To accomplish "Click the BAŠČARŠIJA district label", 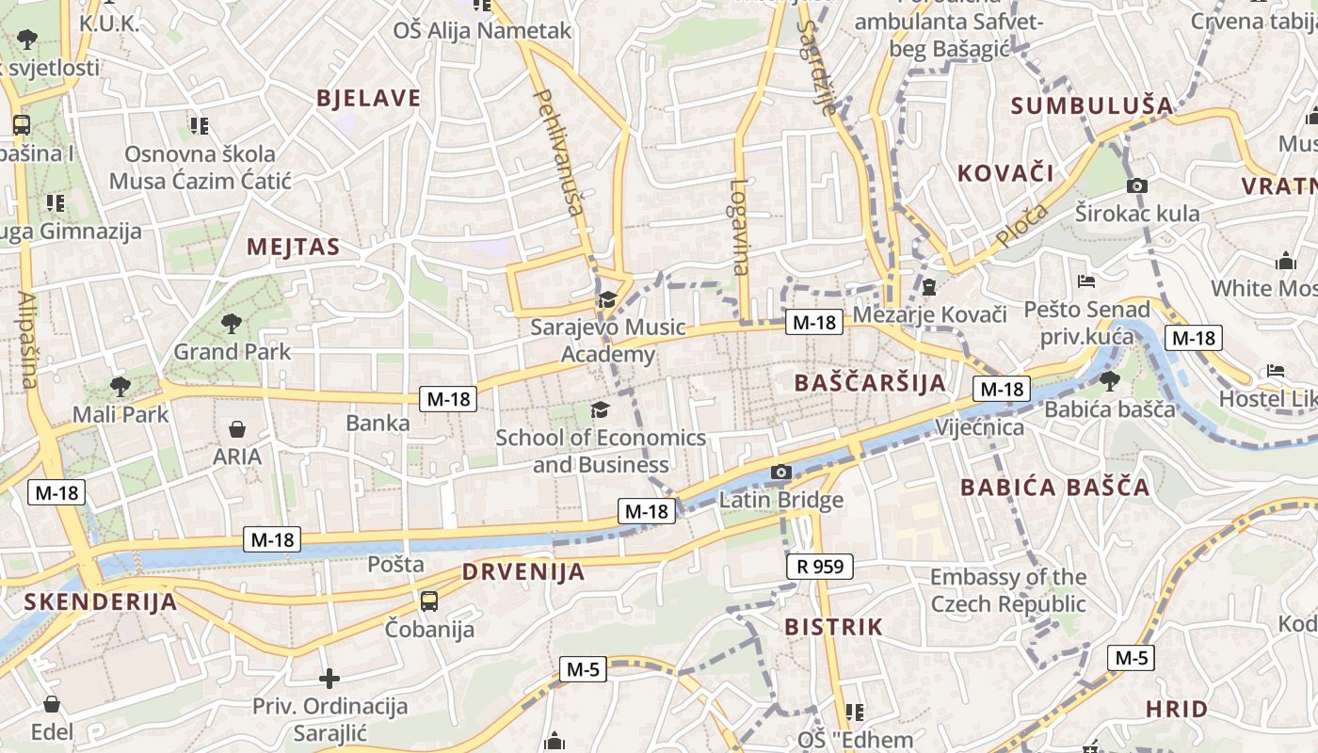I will tap(870, 383).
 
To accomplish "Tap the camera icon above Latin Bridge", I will tap(780, 472).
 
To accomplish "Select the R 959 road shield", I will tap(819, 566).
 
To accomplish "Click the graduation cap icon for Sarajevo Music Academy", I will tap(606, 300).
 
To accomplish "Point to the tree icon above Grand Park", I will tap(231, 324).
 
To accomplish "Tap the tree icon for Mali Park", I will tap(120, 386).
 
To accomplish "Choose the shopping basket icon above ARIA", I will tap(237, 429).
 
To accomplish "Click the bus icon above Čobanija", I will tap(428, 600).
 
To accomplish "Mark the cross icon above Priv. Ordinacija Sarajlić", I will tap(329, 678).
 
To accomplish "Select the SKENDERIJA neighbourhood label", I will tap(100, 602).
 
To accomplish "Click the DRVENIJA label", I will tap(523, 571).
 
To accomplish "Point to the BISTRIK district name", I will tap(833, 627).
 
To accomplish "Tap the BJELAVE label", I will tap(368, 98).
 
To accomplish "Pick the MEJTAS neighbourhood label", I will tap(293, 247).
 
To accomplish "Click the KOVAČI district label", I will tap(1005, 173).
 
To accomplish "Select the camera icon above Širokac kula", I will tap(1137, 185).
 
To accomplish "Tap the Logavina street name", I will tap(739, 226).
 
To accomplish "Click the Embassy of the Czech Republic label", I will tap(1007, 590).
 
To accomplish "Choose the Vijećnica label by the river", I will tap(979, 428).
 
